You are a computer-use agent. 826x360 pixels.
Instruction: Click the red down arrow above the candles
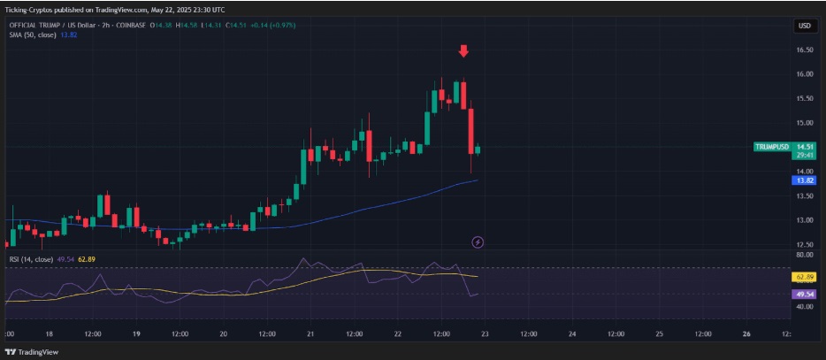[x=463, y=51]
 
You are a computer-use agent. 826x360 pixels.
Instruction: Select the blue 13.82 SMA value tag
[x=804, y=180]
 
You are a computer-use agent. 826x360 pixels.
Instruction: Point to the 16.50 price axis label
[x=804, y=50]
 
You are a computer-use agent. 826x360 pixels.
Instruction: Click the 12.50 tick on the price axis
[x=804, y=245]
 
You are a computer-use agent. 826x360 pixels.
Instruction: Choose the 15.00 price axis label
[x=804, y=123]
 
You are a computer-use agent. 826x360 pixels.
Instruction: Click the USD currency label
[x=804, y=26]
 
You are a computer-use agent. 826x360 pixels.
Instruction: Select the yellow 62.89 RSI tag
[x=804, y=277]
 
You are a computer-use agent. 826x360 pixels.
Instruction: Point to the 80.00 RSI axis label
[x=804, y=255]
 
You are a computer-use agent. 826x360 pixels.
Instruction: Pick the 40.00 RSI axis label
[x=804, y=307]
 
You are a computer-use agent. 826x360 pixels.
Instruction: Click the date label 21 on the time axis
[x=310, y=334]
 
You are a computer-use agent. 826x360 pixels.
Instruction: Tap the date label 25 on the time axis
[x=659, y=334]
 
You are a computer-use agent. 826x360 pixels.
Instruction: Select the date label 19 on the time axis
[x=136, y=334]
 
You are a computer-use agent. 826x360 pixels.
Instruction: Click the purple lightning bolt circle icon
[x=478, y=241]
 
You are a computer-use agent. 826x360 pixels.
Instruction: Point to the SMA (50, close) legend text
[x=38, y=34]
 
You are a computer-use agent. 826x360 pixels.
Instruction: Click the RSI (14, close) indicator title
[x=31, y=259]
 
